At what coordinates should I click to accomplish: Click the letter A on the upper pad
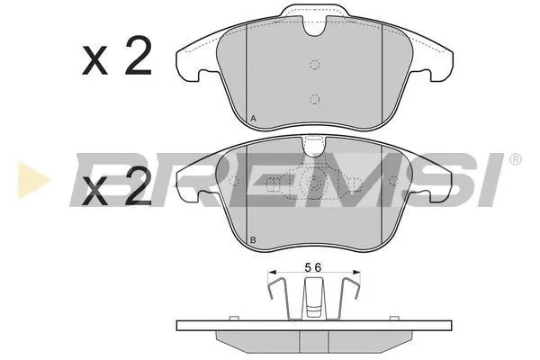[253, 119]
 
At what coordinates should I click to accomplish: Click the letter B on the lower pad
[253, 240]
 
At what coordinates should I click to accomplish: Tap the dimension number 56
[313, 267]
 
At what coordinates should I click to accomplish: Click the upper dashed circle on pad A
[314, 64]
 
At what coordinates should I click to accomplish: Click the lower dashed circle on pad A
[314, 99]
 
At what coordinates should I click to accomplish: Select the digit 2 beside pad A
[139, 56]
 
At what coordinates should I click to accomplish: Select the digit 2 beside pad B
[139, 186]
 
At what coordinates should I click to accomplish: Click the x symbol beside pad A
[94, 62]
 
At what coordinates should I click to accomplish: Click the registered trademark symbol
[515, 159]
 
